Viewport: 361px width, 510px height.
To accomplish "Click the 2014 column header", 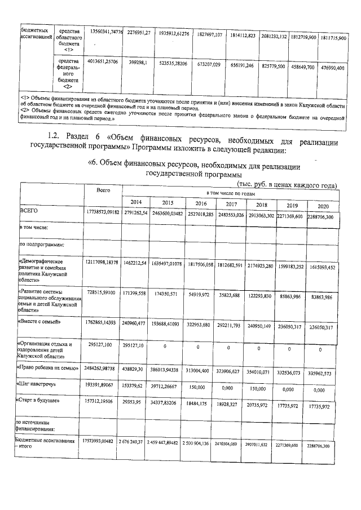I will pyautogui.click(x=137, y=202).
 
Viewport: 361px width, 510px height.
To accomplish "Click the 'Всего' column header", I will pyautogui.click(x=103, y=192).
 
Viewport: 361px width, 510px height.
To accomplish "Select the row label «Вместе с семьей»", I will pyautogui.click(x=40, y=322).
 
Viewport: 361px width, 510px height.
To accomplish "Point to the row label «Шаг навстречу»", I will pyautogui.click(x=39, y=383).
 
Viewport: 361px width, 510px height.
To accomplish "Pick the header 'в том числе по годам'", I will pyautogui.click(x=230, y=193).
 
